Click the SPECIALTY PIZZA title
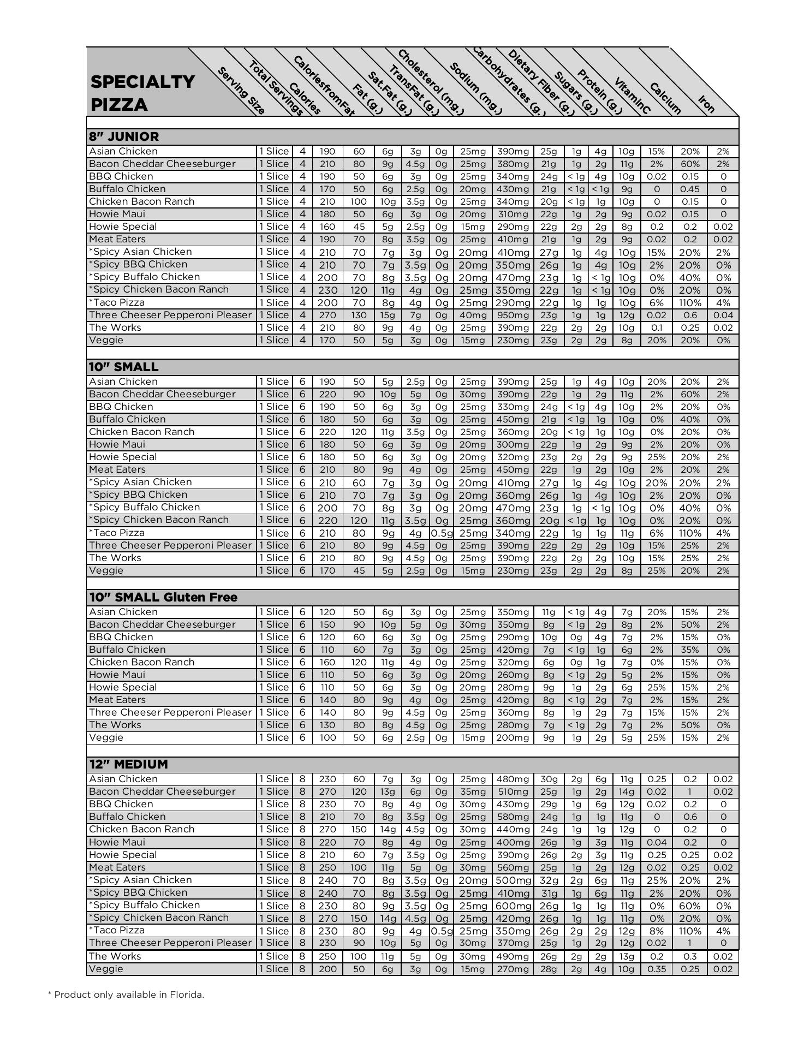pos(142,93)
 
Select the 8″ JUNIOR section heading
pos(124,136)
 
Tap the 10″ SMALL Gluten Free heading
pos(163,597)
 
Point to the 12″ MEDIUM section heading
pos(128,764)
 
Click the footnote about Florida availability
pos(126,995)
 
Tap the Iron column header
pos(706,104)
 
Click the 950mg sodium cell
pos(513,315)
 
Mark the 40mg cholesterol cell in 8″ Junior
pos(473,315)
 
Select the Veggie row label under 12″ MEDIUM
pos(106,969)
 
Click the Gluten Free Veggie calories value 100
pos(327,737)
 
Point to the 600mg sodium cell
pos(513,906)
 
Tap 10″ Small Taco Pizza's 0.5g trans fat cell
pos(441,533)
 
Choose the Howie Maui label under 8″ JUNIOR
pos(117,214)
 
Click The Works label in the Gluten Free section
pos(115,725)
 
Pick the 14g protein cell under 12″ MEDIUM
pos(627,791)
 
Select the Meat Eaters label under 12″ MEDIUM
pos(117,867)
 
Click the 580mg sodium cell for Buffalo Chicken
pos(513,817)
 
